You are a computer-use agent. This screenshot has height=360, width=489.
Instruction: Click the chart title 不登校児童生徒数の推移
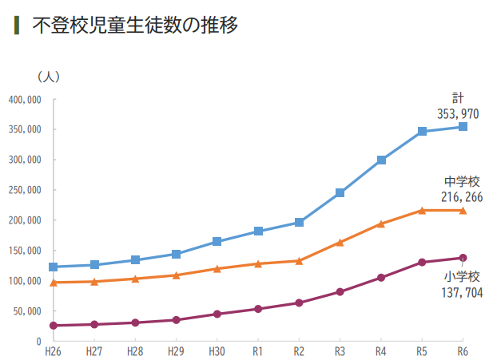[135, 25]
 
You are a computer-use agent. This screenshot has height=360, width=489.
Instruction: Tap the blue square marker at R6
[463, 127]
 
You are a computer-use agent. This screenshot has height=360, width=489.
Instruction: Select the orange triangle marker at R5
[422, 211]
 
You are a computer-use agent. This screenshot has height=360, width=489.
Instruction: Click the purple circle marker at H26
[53, 326]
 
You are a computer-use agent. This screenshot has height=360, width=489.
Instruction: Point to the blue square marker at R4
[381, 160]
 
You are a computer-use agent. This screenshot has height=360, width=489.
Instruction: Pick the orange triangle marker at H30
[217, 269]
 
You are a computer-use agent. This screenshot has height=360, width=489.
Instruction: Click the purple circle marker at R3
[340, 292]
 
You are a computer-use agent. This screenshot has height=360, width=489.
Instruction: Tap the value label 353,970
[458, 114]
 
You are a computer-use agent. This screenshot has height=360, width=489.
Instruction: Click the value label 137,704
[458, 292]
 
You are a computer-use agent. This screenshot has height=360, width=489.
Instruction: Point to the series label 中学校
[462, 182]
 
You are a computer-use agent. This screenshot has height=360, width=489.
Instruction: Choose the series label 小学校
[462, 277]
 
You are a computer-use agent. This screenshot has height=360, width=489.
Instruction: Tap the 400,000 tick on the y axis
[25, 100]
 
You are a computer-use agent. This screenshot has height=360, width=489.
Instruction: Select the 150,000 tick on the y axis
[25, 251]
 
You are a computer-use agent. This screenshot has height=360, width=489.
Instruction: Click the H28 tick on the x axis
[134, 350]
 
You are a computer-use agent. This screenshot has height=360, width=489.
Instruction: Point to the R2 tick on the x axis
[299, 350]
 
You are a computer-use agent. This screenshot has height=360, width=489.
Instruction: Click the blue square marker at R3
[340, 192]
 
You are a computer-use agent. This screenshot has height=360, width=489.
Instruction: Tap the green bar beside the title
[17, 25]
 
